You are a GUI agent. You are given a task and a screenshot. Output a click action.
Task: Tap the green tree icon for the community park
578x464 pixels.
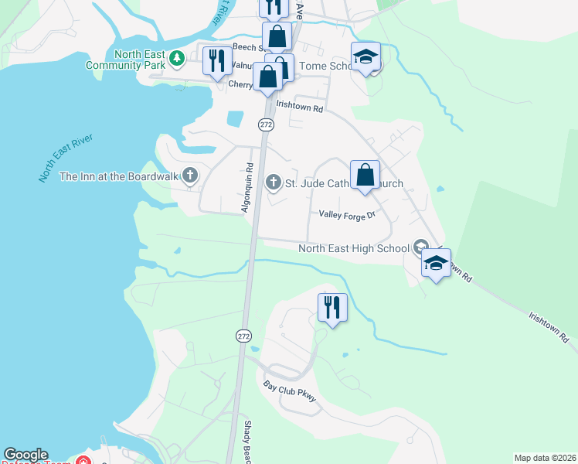(x=177, y=57)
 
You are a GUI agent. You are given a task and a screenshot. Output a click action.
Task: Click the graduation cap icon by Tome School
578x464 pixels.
(x=365, y=56)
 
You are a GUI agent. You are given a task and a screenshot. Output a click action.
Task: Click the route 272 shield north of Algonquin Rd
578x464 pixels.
(x=266, y=124)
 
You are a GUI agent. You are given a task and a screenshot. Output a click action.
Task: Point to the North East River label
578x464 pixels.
(x=66, y=158)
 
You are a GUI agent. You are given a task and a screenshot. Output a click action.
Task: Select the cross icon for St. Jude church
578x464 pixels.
(x=273, y=183)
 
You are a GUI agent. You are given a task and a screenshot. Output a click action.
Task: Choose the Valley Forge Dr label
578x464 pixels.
(x=347, y=215)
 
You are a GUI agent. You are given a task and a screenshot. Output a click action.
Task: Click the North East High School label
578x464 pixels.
(x=354, y=248)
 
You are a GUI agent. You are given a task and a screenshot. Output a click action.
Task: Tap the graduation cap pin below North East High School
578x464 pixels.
(x=436, y=264)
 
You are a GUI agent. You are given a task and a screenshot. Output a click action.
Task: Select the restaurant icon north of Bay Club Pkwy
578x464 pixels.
(x=332, y=307)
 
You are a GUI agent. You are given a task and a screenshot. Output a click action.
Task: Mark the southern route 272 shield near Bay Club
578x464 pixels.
(x=243, y=336)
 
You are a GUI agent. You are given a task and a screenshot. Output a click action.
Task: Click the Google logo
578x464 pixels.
(x=25, y=455)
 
